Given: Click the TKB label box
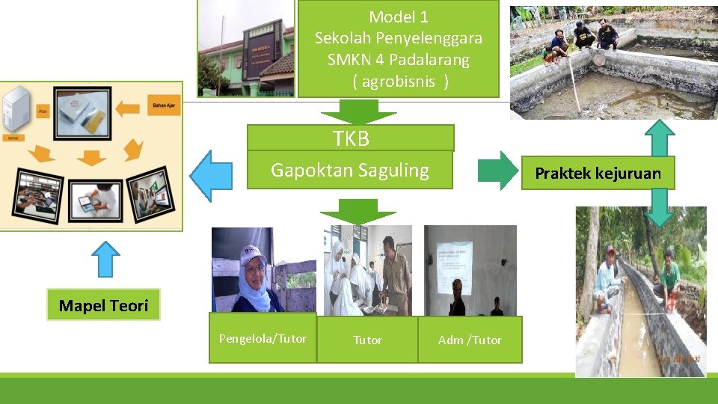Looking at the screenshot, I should [351, 138].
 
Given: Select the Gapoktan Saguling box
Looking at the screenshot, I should [350, 171].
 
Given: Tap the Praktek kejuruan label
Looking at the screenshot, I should [598, 174].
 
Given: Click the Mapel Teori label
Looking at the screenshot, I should [103, 305].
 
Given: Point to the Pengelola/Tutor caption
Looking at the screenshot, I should [262, 339].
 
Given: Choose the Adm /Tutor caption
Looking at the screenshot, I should [470, 340].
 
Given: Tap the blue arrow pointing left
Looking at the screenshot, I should [212, 176].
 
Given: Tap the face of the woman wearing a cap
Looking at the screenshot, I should [254, 267].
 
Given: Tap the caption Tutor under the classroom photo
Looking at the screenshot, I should [367, 340].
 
